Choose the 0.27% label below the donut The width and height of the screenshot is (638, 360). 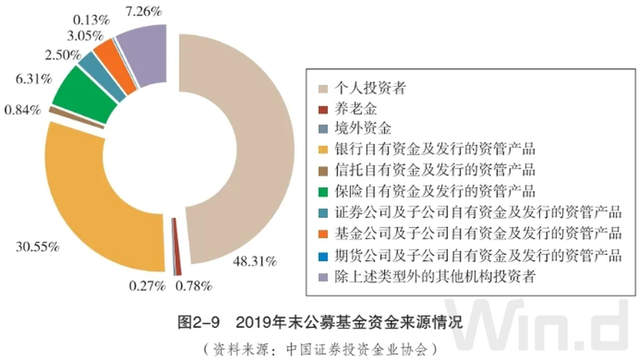click(146, 286)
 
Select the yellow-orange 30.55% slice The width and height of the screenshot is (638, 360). click(86, 199)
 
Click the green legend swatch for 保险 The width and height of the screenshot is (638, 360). click(323, 192)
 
